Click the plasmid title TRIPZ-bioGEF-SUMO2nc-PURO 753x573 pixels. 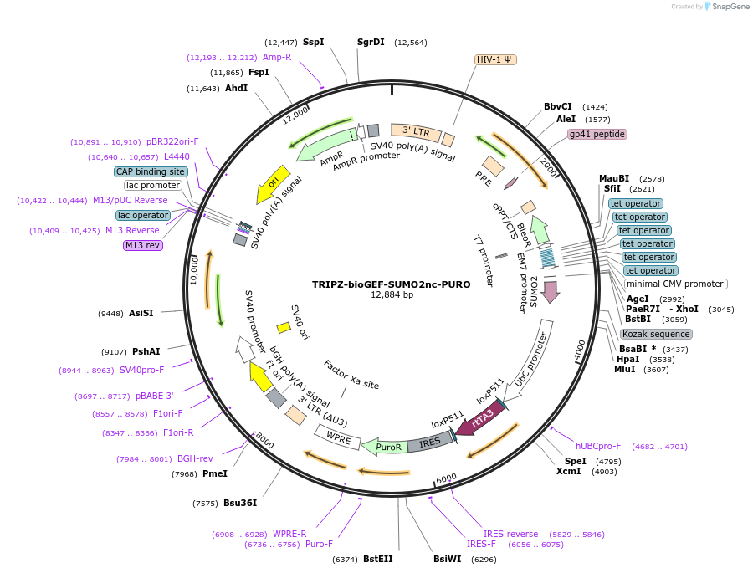391,284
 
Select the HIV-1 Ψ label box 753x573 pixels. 496,59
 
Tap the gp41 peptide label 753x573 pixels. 597,134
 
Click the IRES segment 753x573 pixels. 429,443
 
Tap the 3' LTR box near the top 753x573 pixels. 415,131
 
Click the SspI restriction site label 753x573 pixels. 313,42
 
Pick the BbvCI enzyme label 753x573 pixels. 558,106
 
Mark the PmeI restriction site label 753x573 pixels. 215,474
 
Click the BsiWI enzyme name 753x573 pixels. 447,559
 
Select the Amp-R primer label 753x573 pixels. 277,57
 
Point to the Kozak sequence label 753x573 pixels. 657,334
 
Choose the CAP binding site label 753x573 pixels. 151,171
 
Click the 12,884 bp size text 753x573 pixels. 392,295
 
